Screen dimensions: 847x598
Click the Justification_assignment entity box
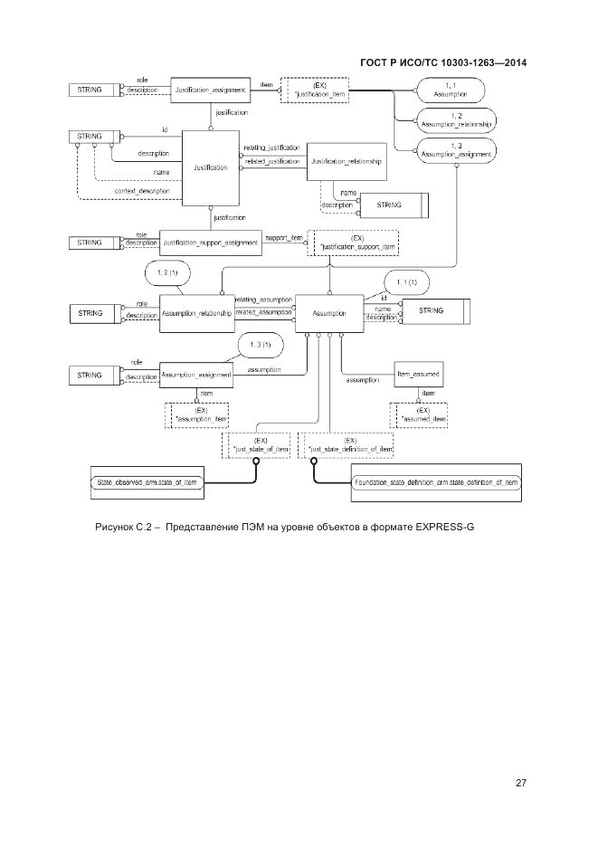tap(210, 90)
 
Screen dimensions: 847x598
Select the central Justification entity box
tap(211, 168)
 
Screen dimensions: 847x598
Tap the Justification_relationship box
tap(346, 162)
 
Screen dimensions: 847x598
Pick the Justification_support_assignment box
tap(209, 242)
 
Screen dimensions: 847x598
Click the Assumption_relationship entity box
tap(196, 313)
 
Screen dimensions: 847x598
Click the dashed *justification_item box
tap(316, 90)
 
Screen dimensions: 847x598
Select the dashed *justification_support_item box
tap(352, 242)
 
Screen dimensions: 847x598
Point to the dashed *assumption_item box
tap(200, 414)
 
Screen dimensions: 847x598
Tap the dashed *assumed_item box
tap(422, 414)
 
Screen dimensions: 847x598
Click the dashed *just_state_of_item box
tap(257, 444)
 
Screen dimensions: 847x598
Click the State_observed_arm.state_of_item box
tap(147, 485)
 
